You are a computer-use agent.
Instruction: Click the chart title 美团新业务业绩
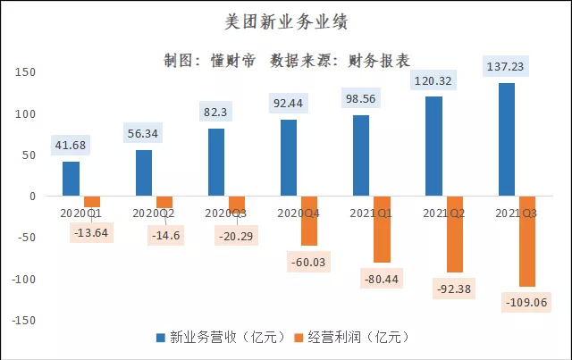285,21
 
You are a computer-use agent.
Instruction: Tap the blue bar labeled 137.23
506,139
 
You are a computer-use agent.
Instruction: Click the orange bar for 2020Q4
308,221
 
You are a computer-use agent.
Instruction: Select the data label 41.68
71,146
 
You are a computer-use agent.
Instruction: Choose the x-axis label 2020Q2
154,213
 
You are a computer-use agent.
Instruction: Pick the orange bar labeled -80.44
383,230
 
